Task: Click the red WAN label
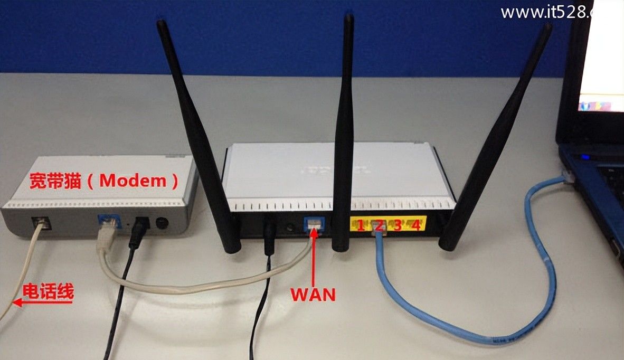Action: (x=313, y=293)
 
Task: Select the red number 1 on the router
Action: (x=361, y=226)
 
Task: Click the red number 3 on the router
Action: (x=398, y=225)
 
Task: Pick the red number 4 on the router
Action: (x=416, y=225)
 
